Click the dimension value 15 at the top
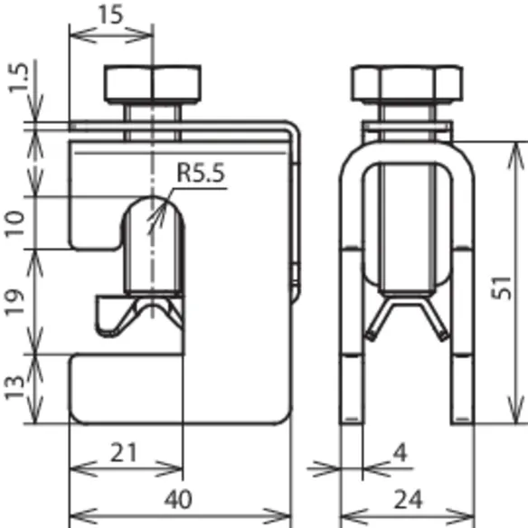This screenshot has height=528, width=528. click(x=110, y=14)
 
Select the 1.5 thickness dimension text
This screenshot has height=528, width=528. click(x=18, y=78)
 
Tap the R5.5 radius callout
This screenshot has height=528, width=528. click(x=201, y=173)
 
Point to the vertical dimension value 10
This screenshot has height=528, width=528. click(x=14, y=224)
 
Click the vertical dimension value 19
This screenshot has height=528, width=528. click(x=14, y=302)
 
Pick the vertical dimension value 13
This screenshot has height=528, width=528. click(x=14, y=387)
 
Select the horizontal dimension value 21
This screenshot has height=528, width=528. click(x=124, y=453)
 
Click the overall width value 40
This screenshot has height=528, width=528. click(x=178, y=500)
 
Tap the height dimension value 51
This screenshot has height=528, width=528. click(x=502, y=288)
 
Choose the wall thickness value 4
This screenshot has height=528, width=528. click(x=401, y=453)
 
